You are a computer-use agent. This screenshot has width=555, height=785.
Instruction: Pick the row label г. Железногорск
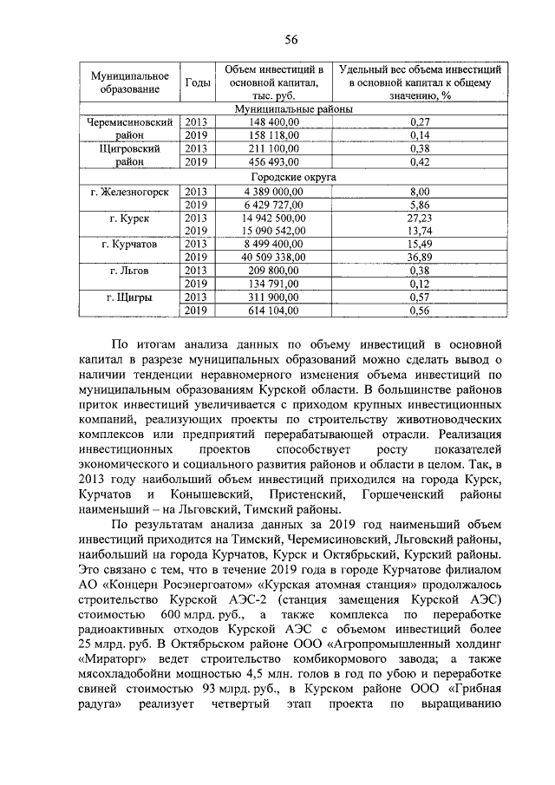coord(129,191)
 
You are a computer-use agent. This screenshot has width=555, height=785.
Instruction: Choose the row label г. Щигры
coord(129,298)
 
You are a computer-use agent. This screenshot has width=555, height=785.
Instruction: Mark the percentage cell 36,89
coord(420,258)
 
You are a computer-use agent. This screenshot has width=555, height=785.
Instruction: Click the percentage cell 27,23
coord(420,218)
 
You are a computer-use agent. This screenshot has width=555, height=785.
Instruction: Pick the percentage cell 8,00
coord(420,191)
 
